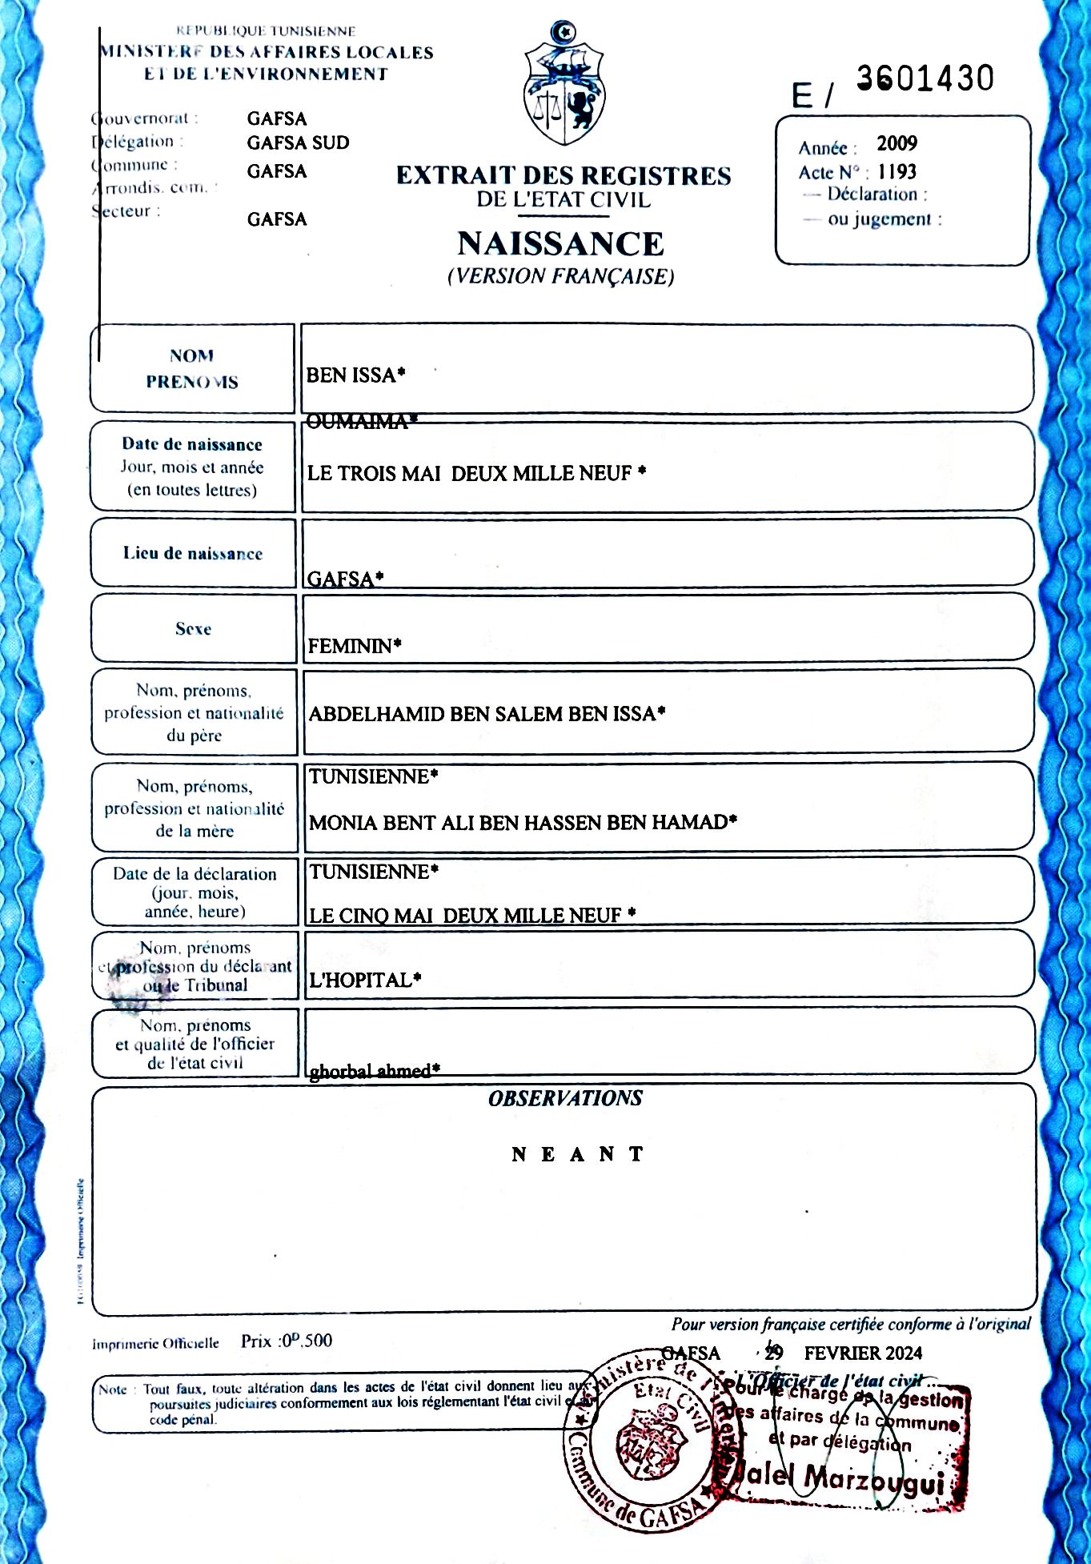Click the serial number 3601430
(925, 78)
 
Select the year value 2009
(896, 144)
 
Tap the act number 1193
(896, 172)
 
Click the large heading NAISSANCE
(560, 243)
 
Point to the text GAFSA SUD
(298, 143)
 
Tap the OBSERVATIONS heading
(565, 1098)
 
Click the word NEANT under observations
(577, 1154)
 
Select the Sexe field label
(194, 629)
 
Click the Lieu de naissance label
(193, 554)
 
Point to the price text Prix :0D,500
(287, 1341)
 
